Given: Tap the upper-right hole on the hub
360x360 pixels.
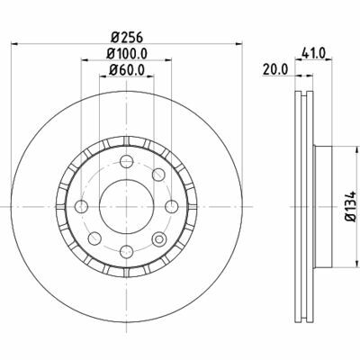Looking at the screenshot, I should coord(157,173).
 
